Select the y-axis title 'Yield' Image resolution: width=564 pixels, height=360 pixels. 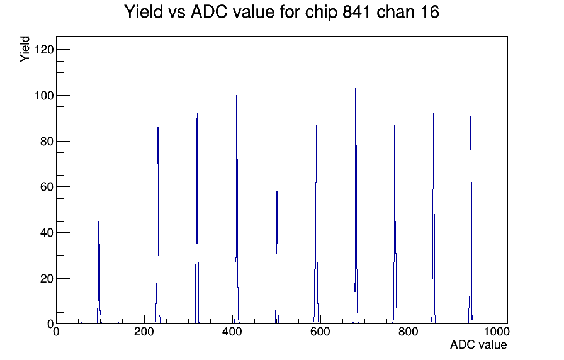point(25,48)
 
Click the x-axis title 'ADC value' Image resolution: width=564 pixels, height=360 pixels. point(478,345)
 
